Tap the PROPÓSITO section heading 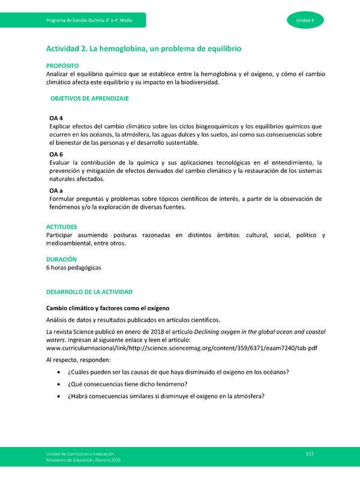(x=62, y=65)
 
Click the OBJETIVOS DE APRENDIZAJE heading (x=89, y=98)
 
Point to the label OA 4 (x=56, y=118)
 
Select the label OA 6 (x=56, y=154)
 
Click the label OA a (x=56, y=190)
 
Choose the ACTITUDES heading (x=62, y=227)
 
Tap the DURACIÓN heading (x=61, y=259)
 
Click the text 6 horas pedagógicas (x=74, y=268)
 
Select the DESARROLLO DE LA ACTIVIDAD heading (x=89, y=292)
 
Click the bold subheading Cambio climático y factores (x=108, y=308)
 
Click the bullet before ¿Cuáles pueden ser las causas (x=58, y=372)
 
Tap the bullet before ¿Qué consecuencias (x=58, y=384)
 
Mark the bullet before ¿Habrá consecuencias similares (x=58, y=396)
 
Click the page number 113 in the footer (x=310, y=453)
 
